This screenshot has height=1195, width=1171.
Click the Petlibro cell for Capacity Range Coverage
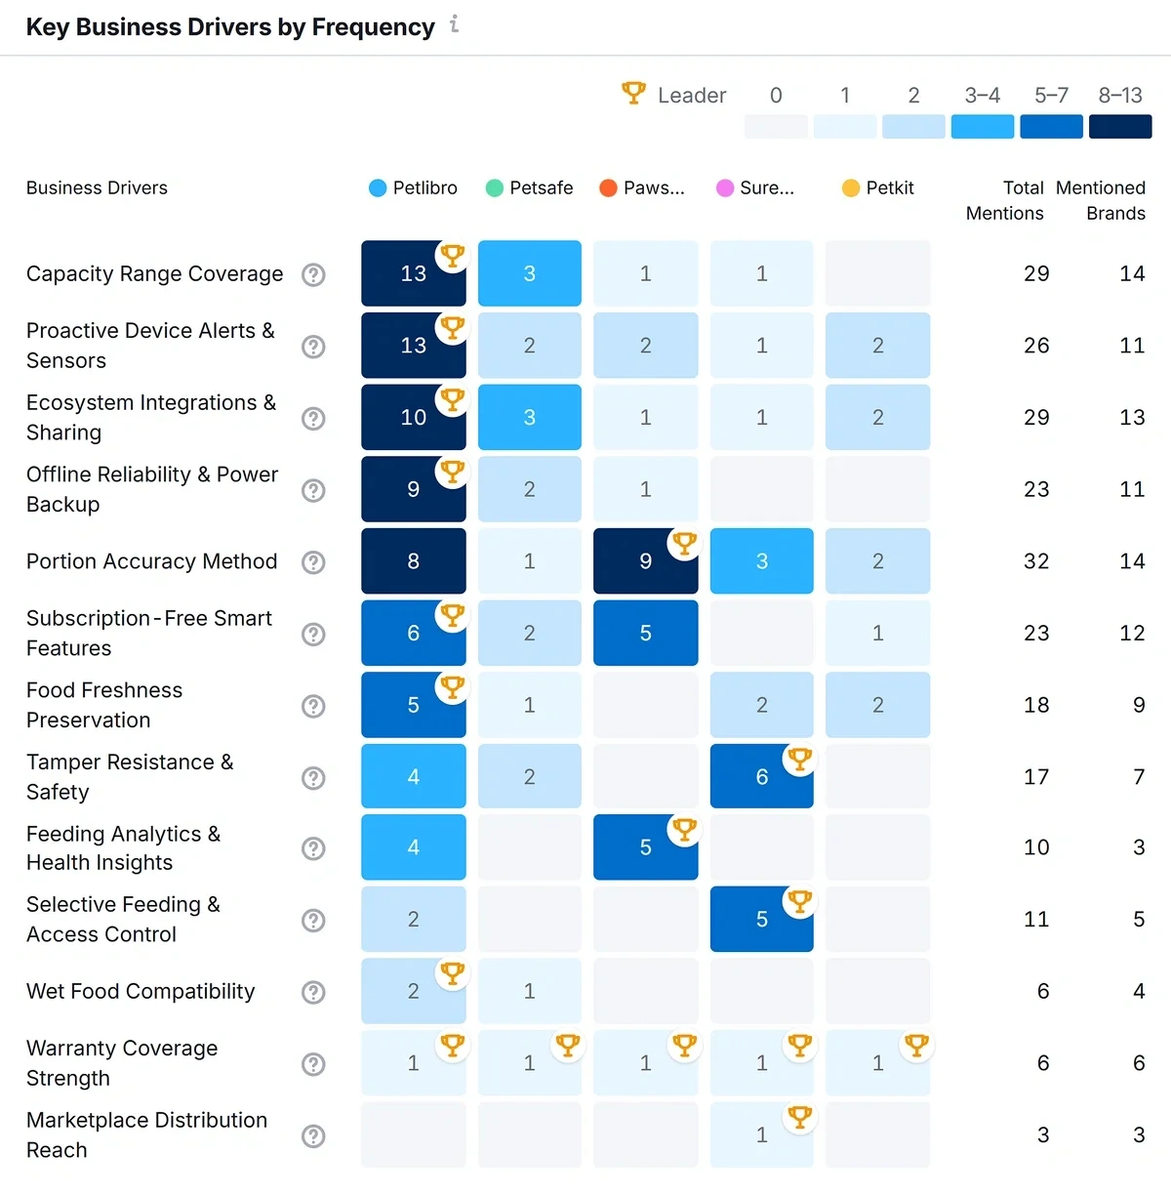click(x=413, y=273)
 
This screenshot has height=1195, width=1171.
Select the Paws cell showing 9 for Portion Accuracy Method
click(x=645, y=561)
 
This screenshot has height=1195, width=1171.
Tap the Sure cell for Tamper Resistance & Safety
click(x=761, y=776)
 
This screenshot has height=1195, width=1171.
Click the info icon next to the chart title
click(x=455, y=24)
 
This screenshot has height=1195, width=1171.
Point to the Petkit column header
click(x=878, y=187)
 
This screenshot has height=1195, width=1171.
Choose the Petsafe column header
click(x=530, y=187)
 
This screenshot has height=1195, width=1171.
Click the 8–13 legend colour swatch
click(x=1119, y=127)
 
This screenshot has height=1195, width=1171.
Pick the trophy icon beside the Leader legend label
click(x=633, y=94)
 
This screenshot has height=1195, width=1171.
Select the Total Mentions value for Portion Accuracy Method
click(x=1036, y=561)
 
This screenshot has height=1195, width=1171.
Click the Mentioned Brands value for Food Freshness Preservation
click(x=1138, y=705)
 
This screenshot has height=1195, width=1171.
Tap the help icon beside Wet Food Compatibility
click(x=313, y=992)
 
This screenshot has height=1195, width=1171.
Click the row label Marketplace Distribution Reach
click(x=146, y=1134)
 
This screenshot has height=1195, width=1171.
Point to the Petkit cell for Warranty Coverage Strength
click(x=877, y=1063)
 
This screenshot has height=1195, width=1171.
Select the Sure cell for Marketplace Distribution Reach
click(x=761, y=1134)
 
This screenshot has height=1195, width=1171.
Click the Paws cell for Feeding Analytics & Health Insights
click(x=645, y=847)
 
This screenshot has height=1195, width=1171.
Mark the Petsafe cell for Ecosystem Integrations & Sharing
click(x=530, y=417)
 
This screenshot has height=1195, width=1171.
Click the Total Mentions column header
click(x=1005, y=200)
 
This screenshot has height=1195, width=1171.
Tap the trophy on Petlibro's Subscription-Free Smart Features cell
click(x=452, y=615)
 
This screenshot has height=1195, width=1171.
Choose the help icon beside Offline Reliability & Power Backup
click(x=313, y=490)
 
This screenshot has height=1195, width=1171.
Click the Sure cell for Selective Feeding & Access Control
click(x=761, y=919)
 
